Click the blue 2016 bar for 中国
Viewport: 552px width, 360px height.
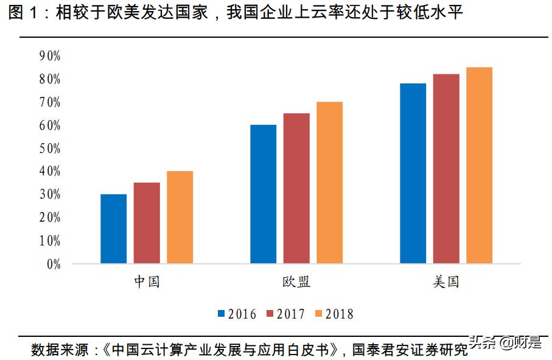tap(114, 229)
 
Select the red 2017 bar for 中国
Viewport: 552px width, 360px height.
tap(147, 223)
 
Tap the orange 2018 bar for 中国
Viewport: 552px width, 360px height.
tap(180, 217)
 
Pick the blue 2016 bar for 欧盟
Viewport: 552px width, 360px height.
tap(263, 194)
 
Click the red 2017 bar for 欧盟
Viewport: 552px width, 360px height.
tap(296, 188)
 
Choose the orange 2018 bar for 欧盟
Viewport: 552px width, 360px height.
tap(329, 183)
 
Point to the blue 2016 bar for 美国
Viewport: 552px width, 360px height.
tap(413, 174)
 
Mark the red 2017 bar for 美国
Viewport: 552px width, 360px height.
tap(446, 169)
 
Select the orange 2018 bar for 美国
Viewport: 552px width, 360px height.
tap(479, 166)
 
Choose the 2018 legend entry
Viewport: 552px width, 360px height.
tap(334, 314)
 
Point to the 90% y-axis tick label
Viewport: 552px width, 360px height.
tap(49, 56)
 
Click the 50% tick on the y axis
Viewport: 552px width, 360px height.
tap(49, 149)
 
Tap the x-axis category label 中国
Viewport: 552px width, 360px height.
tap(147, 283)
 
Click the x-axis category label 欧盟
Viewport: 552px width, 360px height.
tap(296, 283)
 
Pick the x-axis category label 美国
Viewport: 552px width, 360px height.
tap(446, 283)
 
